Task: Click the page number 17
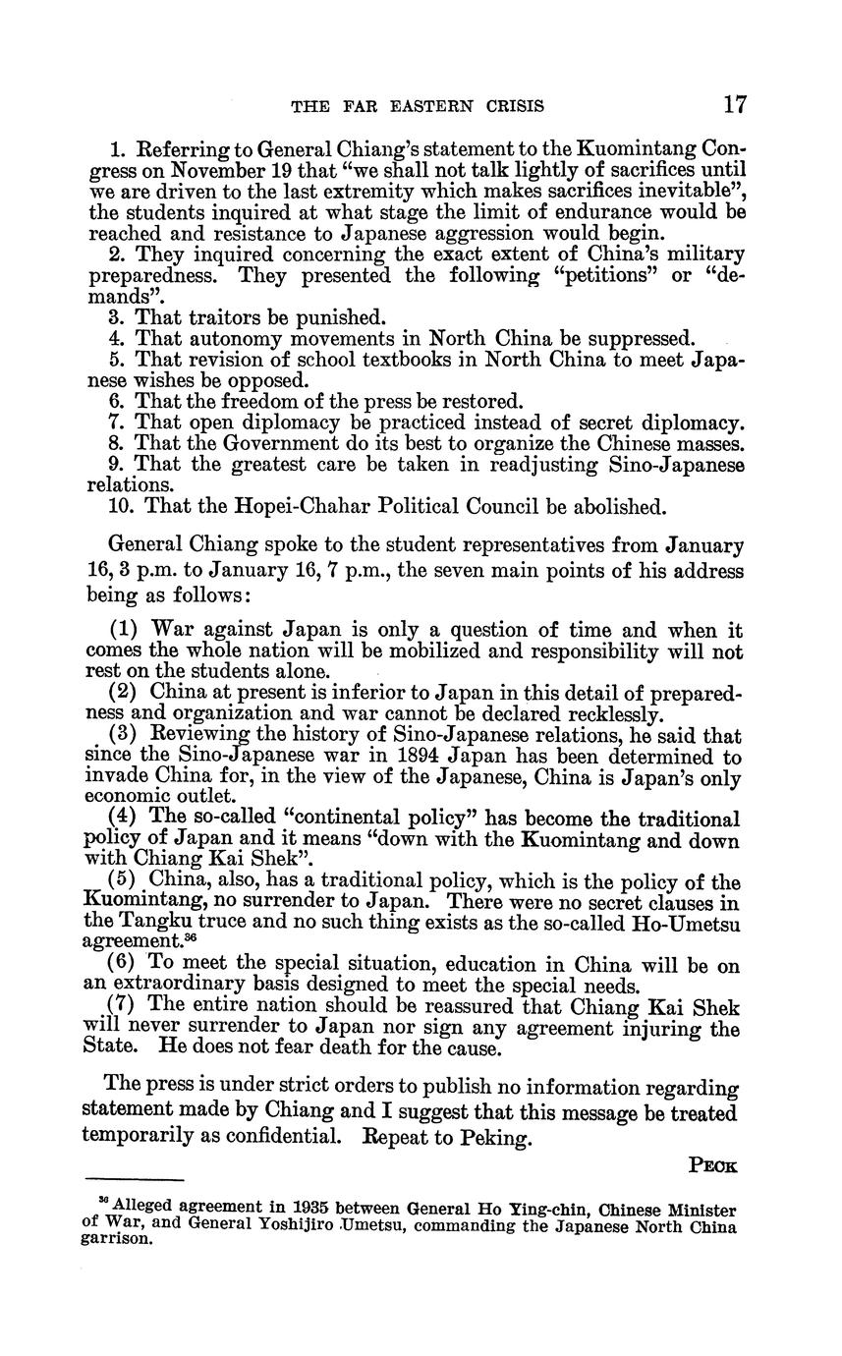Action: click(734, 105)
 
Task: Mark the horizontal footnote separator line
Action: click(136, 1178)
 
